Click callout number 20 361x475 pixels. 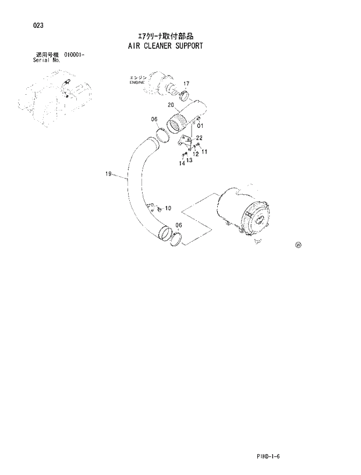171,105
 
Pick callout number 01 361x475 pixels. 200,125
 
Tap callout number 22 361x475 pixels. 199,138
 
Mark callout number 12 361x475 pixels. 196,154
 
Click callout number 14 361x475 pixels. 182,163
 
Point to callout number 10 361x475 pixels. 168,208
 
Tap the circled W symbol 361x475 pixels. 298,245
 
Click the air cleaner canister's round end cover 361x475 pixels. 258,223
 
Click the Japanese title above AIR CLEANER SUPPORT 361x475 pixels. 165,35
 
